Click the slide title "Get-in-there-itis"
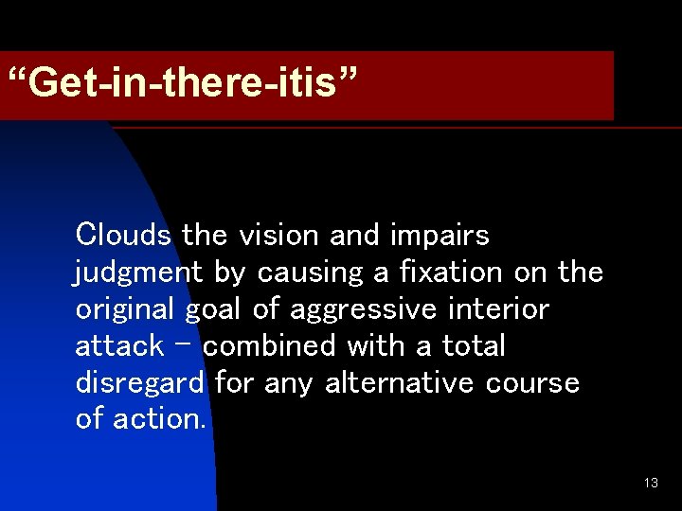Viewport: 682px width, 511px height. coord(183,84)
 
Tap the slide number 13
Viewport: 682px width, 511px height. coord(651,483)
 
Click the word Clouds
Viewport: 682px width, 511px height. coord(123,234)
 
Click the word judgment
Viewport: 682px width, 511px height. coord(138,273)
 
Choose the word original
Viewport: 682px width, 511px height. coord(122,310)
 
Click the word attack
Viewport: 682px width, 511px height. coord(118,345)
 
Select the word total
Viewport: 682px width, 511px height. coord(472,345)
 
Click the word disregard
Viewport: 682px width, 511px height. coord(139,383)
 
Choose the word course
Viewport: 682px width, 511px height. coord(532,383)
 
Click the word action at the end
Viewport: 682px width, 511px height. coord(158,419)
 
